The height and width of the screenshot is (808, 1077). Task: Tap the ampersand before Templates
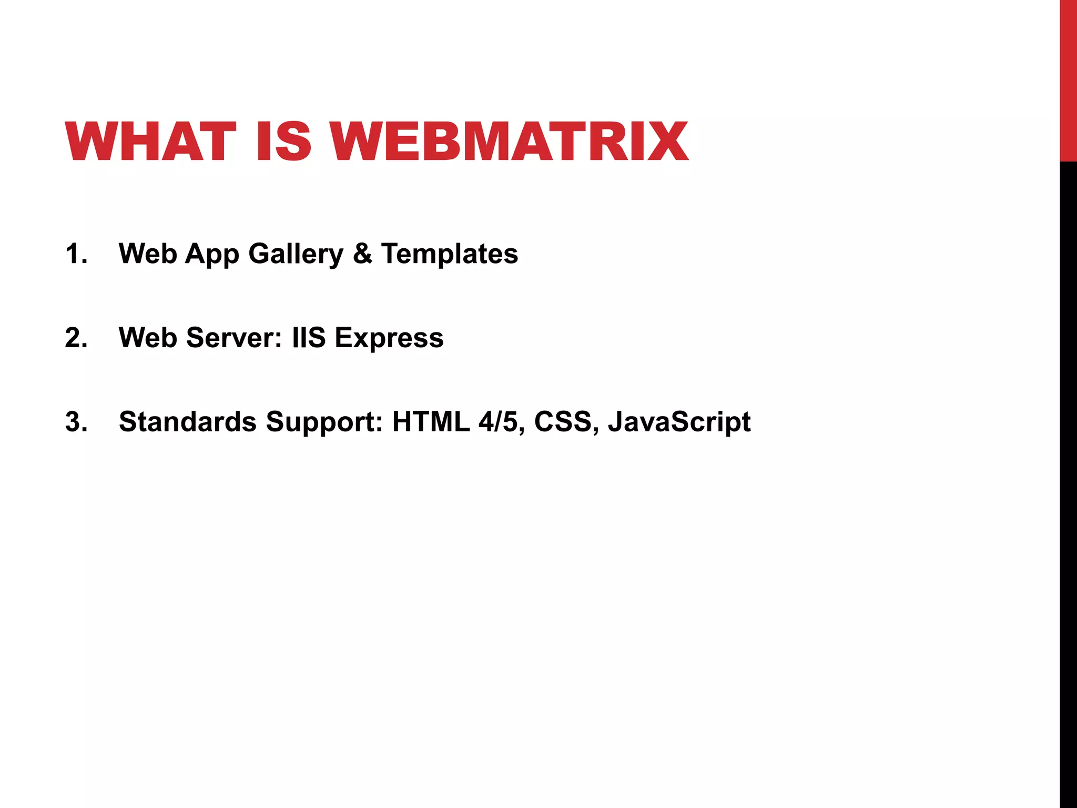click(x=362, y=254)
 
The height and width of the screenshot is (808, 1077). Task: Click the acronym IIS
click(x=309, y=338)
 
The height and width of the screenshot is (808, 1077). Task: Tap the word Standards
click(x=188, y=422)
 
